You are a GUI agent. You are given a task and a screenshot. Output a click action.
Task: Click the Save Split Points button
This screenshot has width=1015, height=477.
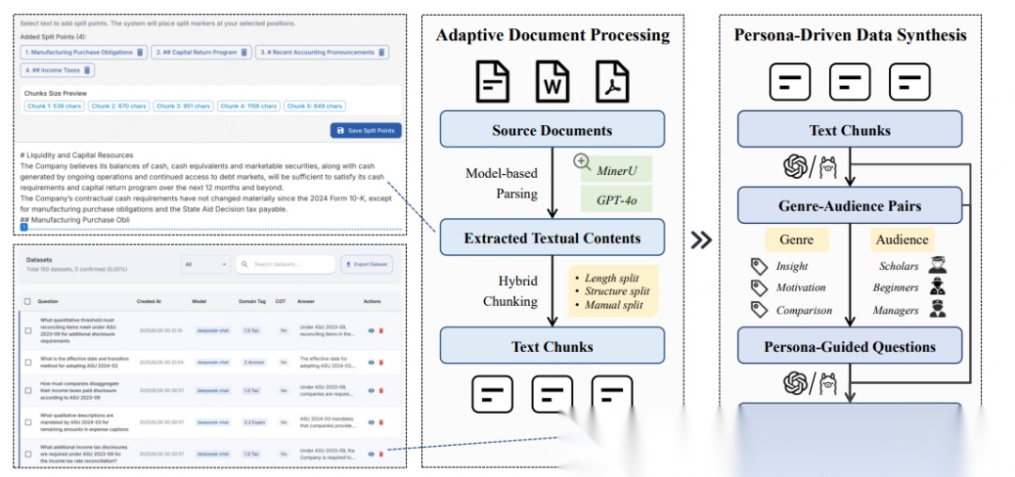coord(365,130)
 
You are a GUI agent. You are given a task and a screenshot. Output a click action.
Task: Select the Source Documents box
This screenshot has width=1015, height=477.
coord(552,130)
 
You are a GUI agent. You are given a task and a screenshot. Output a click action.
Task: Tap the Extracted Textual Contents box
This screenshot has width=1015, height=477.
coord(552,238)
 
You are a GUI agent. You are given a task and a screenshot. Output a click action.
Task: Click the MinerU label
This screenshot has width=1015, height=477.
coord(617,171)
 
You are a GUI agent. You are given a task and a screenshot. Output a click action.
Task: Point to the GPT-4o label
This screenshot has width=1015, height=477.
coord(617,199)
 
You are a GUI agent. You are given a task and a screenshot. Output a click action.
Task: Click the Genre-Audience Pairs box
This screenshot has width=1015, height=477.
coord(850,205)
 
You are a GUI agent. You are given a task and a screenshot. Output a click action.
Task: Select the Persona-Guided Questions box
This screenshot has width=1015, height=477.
coord(850,346)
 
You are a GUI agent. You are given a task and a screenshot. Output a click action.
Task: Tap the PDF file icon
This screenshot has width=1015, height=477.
coord(612,81)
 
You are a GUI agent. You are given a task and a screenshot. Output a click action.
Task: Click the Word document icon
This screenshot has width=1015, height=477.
coord(553,81)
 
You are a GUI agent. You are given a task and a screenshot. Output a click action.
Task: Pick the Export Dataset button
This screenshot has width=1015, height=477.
coord(367,264)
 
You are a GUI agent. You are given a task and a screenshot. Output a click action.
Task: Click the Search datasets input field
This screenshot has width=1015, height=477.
coord(285,264)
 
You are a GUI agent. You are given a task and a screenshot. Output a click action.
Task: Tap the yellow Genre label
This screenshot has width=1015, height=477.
coord(796,240)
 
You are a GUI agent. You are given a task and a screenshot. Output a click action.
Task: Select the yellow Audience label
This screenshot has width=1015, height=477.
coord(902,240)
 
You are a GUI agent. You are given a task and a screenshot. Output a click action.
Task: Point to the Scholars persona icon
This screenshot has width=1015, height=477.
coord(937,265)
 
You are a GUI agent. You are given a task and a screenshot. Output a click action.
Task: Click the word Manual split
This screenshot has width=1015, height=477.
coord(614,305)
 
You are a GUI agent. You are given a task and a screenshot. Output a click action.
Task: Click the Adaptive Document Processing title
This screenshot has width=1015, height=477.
coord(553,35)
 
